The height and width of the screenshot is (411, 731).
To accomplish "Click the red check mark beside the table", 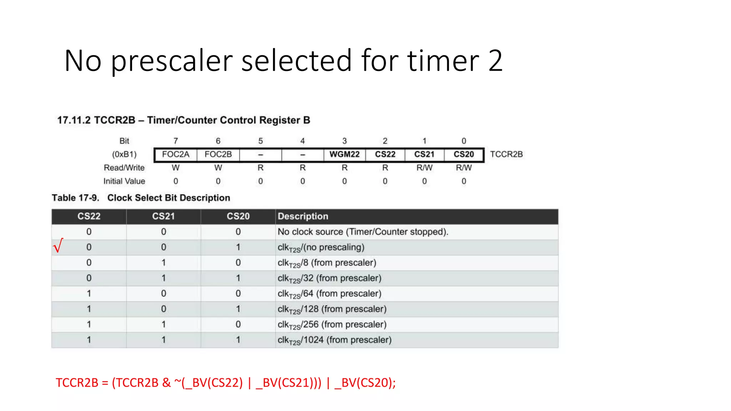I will (58, 245).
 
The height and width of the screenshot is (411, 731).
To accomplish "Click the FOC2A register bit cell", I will (175, 154).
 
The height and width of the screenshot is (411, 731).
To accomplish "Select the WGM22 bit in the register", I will (344, 154).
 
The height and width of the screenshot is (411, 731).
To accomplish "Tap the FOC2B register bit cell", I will (218, 154).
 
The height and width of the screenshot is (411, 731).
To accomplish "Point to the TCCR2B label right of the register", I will (506, 154).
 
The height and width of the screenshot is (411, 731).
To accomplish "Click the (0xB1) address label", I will (124, 154).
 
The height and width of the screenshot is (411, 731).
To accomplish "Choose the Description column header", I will (303, 216).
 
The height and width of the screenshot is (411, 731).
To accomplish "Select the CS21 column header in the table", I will (163, 216).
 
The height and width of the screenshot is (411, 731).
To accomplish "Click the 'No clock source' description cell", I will (363, 232).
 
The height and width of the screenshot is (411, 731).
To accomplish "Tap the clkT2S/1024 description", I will (334, 340).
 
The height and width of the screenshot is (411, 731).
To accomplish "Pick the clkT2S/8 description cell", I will (327, 263).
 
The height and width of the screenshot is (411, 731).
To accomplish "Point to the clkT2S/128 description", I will (332, 309).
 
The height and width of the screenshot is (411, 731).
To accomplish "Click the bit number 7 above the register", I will (176, 141).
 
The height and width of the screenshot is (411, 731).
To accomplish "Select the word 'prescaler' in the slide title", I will (172, 61).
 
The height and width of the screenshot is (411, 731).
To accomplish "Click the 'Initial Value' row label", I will (124, 181).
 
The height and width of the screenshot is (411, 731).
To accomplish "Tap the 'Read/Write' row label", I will (124, 168).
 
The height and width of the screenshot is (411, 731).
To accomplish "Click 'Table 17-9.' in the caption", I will (75, 198).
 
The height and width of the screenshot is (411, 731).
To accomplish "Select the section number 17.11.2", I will (74, 120).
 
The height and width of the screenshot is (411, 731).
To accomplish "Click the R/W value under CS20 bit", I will (464, 168).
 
